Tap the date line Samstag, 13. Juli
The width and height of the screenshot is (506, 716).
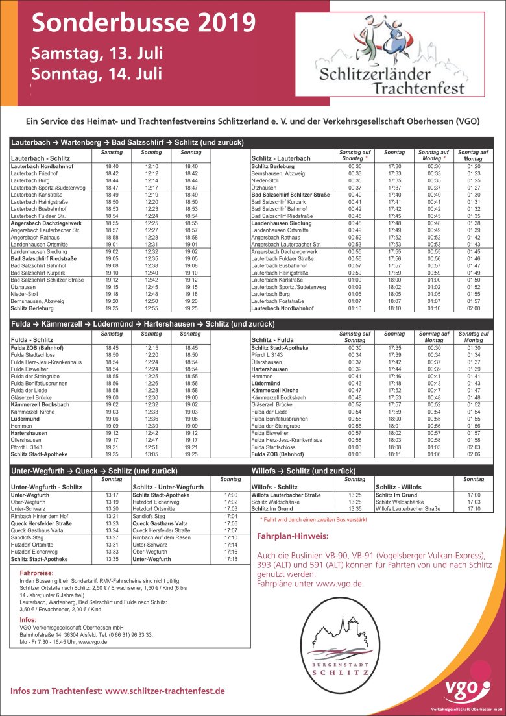pos(97,53)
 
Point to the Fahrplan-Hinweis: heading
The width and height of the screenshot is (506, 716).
pos(293,537)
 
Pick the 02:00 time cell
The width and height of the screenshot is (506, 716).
pos(474,308)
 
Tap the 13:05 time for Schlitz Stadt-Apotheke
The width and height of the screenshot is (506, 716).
pos(152,455)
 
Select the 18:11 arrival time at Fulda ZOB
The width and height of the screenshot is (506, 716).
pos(394,455)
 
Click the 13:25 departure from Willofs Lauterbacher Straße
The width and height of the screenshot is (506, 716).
pos(354,495)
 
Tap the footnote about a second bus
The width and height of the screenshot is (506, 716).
pos(313,520)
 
